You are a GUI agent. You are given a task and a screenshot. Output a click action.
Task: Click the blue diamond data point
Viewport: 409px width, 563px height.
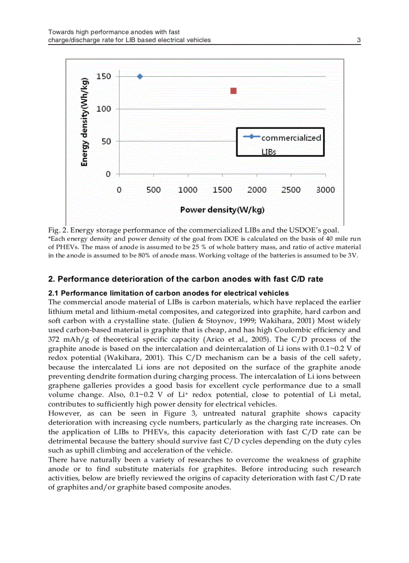click(x=140, y=76)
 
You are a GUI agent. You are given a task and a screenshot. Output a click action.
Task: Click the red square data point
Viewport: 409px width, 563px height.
click(x=233, y=91)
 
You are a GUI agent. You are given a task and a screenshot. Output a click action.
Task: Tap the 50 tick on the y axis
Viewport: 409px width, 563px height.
click(x=106, y=141)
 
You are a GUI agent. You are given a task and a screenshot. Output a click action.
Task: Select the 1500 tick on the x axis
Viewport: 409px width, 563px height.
click(x=222, y=190)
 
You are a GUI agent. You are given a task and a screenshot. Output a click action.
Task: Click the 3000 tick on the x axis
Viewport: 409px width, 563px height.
click(x=326, y=190)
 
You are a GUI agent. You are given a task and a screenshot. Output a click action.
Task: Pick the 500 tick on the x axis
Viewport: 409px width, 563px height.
click(x=153, y=190)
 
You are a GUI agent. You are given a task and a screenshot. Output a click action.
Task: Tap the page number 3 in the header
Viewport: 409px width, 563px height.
click(x=359, y=40)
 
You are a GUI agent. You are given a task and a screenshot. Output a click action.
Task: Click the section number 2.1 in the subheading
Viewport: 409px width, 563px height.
click(x=54, y=293)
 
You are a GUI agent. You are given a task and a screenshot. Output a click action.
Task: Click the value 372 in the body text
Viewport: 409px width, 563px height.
click(x=55, y=339)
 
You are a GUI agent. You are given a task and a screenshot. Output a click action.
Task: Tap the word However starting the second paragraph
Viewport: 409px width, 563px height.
click(x=64, y=414)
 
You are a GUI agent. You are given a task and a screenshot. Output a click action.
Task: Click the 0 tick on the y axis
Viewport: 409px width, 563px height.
click(x=108, y=174)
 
